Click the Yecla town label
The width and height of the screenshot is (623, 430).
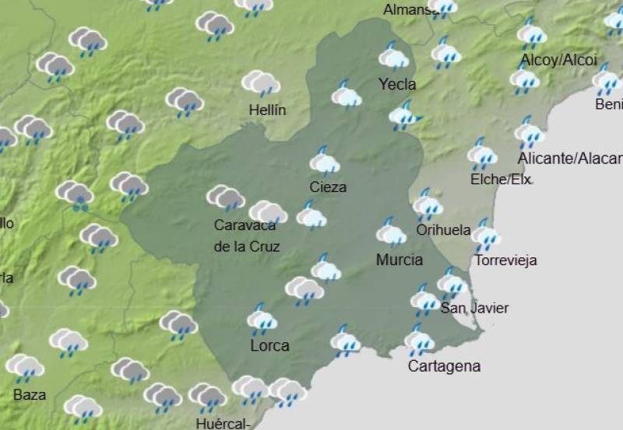[397, 84]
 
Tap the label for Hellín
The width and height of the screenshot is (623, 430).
[267, 110]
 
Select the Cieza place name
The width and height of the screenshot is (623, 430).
[328, 187]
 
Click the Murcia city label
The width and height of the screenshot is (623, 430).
[399, 260]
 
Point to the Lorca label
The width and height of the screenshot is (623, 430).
[269, 345]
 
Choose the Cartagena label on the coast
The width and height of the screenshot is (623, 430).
[444, 365]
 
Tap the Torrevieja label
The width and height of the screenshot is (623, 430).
[505, 260]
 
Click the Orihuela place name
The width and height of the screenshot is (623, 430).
[443, 229]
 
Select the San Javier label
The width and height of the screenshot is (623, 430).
[474, 308]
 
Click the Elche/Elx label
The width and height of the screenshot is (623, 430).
[501, 180]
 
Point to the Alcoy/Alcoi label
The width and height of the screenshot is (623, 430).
[558, 60]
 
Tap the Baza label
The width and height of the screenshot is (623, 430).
[30, 394]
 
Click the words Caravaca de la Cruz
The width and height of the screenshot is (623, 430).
[246, 236]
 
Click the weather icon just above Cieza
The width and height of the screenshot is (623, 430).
[324, 161]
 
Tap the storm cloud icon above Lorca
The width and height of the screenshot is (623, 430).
[262, 319]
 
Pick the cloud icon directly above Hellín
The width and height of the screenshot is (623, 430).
[261, 82]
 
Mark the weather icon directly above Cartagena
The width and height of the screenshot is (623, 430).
[419, 340]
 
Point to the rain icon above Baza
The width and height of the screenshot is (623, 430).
[25, 367]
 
